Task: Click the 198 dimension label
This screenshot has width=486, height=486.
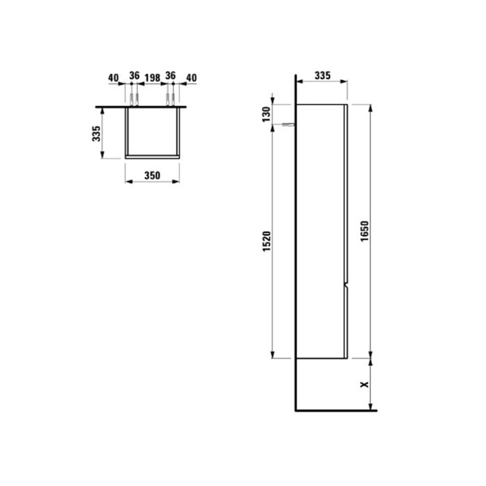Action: point(152,78)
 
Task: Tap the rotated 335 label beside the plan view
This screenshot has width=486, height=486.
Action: point(99,133)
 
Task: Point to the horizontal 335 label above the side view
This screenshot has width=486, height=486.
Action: point(321,74)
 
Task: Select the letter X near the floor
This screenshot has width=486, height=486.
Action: point(363,384)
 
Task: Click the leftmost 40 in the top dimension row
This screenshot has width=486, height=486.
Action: point(114,78)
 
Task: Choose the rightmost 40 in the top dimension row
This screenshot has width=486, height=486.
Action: point(191,78)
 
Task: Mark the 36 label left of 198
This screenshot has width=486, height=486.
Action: point(134,78)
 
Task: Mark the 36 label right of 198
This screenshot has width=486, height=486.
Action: point(171,78)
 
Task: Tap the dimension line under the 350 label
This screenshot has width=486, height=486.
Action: point(151,183)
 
